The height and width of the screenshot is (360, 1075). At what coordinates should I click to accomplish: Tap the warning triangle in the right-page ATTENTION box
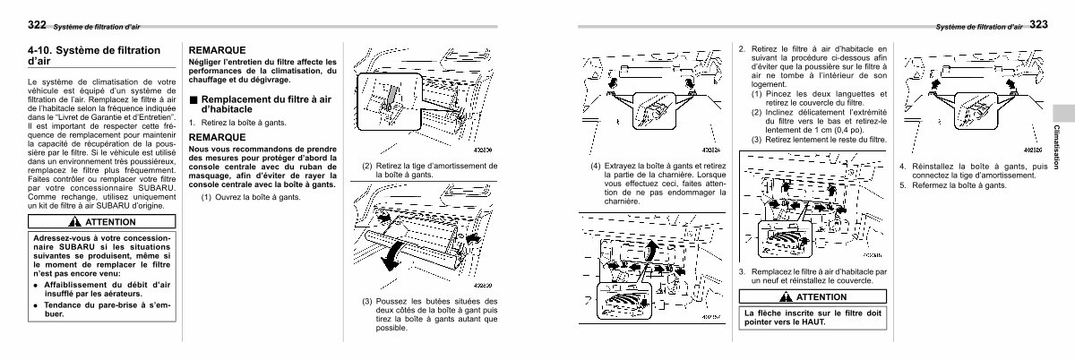pyautogui.click(x=785, y=296)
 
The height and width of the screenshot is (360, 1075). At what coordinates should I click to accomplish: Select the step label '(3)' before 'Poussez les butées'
pyautogui.click(x=368, y=302)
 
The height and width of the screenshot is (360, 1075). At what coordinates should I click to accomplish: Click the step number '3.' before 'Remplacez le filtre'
pyautogui.click(x=742, y=271)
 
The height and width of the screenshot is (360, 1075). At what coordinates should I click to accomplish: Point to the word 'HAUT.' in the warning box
pyautogui.click(x=809, y=322)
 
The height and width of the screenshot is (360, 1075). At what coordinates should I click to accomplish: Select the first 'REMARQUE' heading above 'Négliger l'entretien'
pyautogui.click(x=217, y=49)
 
